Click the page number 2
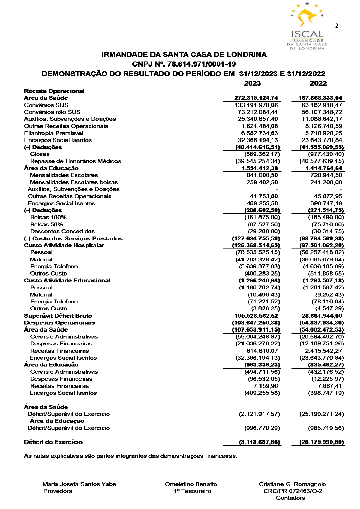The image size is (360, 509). (x=337, y=26)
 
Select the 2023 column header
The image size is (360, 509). (x=252, y=83)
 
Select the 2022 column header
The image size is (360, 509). (x=318, y=83)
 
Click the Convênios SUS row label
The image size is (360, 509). (x=46, y=105)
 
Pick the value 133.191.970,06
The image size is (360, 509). (x=256, y=105)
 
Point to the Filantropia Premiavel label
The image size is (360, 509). (x=54, y=133)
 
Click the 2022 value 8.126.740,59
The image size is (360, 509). (x=324, y=126)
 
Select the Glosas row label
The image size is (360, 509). (x=40, y=154)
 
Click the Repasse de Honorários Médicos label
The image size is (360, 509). (x=75, y=161)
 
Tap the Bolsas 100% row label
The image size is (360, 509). (x=48, y=217)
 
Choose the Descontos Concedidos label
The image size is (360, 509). (x=62, y=231)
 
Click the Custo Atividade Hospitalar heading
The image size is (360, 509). (x=64, y=245)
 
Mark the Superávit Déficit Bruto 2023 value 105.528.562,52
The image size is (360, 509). (x=256, y=316)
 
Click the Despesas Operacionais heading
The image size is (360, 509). (x=59, y=323)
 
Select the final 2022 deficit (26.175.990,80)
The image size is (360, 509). (x=322, y=442)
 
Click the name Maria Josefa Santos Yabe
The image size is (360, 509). (x=79, y=484)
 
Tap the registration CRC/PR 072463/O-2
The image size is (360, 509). (x=293, y=491)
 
